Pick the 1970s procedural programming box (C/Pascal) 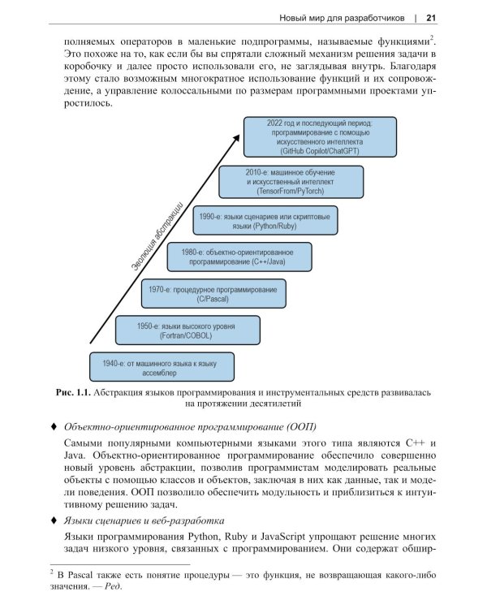point(213,294)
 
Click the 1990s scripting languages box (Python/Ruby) point(265,221)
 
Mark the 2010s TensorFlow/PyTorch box point(303,184)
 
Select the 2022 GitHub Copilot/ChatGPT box point(319,136)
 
